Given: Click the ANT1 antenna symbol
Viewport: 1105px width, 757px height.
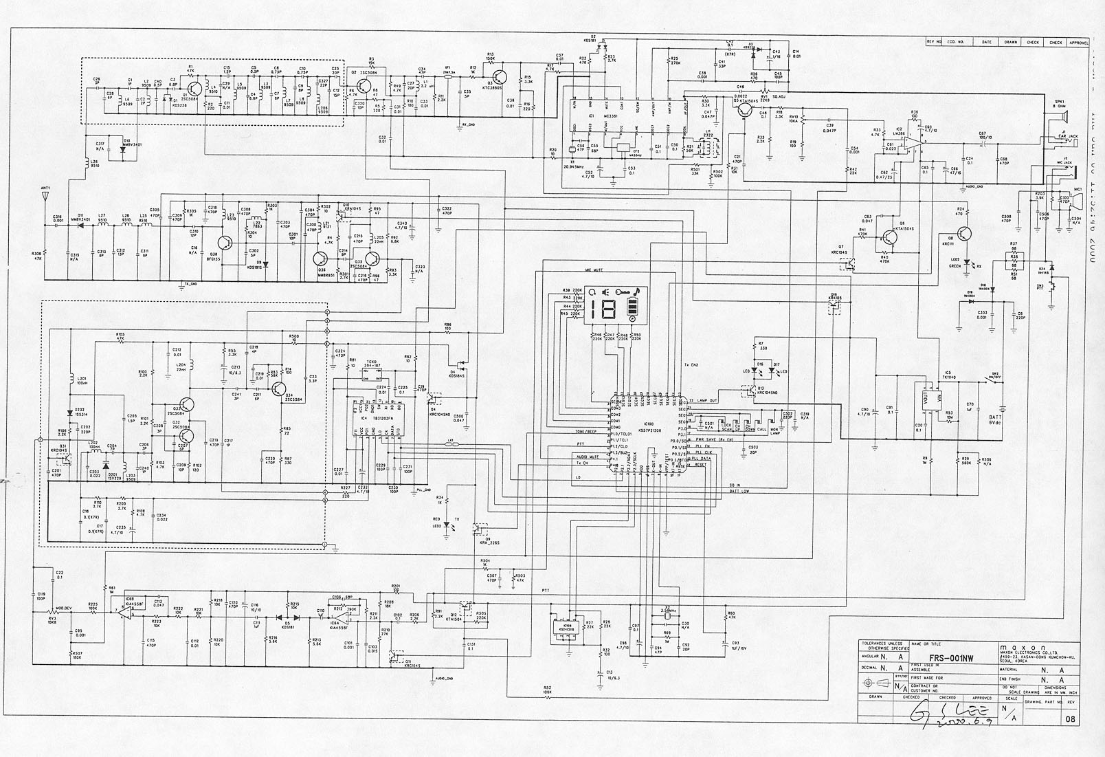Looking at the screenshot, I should tap(45, 196).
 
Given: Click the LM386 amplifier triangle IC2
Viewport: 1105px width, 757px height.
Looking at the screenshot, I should tap(910, 144).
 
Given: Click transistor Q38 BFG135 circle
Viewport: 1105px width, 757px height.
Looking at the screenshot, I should tap(226, 242).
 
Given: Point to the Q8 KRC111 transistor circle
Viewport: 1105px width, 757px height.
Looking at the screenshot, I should tap(966, 234).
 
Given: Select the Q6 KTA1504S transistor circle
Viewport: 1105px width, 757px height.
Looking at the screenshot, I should tap(891, 238).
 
